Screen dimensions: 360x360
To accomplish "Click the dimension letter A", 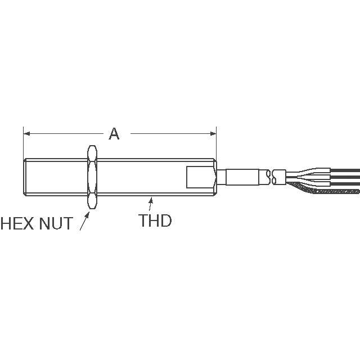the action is pos(114,134).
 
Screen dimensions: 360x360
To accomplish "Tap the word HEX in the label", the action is pos(17,223).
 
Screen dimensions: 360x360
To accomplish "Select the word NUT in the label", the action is pos(56,223).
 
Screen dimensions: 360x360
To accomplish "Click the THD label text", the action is pos(155,220).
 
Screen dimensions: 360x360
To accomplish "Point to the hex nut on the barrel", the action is pos(92,177).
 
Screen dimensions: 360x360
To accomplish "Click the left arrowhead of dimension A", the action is pos(26,134).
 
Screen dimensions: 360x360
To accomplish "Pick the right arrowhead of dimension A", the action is pos(213,134).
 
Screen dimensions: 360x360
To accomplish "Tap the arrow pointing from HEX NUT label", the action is pos(85,220).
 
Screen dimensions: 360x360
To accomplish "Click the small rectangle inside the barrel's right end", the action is pos(200,177).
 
